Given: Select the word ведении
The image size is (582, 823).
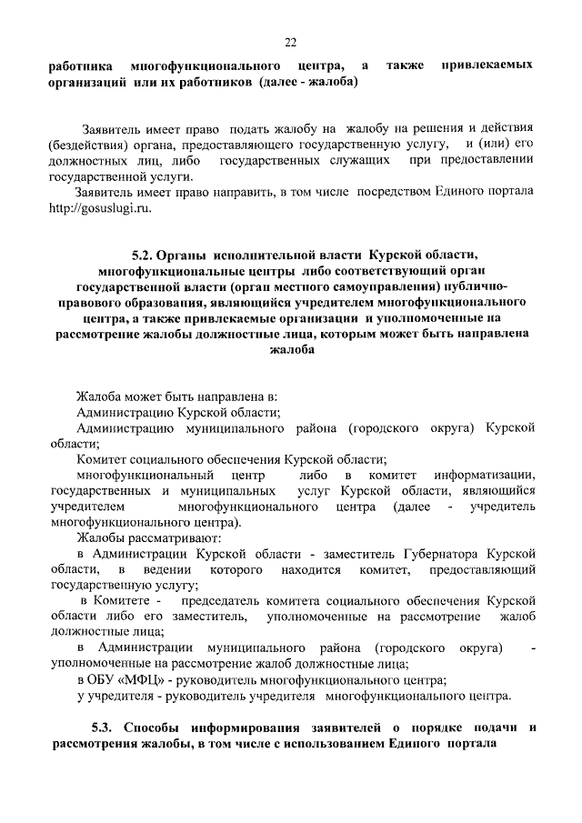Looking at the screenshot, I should coord(163,569).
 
